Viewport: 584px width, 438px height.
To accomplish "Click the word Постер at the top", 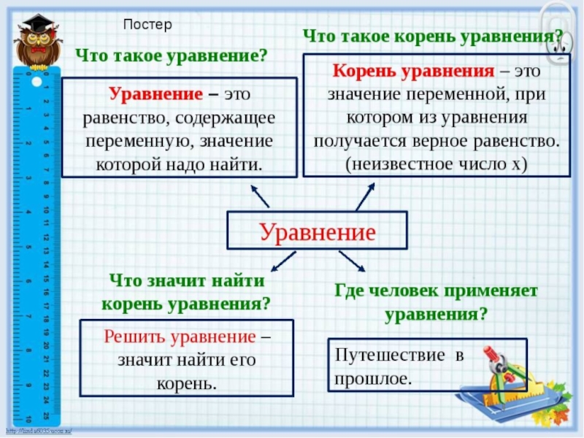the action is point(147,25).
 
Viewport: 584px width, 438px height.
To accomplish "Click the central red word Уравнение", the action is point(318,233).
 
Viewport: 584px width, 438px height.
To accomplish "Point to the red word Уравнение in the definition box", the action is point(155,95).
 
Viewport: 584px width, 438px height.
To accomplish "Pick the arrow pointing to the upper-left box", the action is point(259,196).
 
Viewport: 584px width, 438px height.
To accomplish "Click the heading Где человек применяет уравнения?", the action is point(436,303).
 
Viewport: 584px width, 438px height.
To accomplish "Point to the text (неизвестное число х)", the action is point(436,163).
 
